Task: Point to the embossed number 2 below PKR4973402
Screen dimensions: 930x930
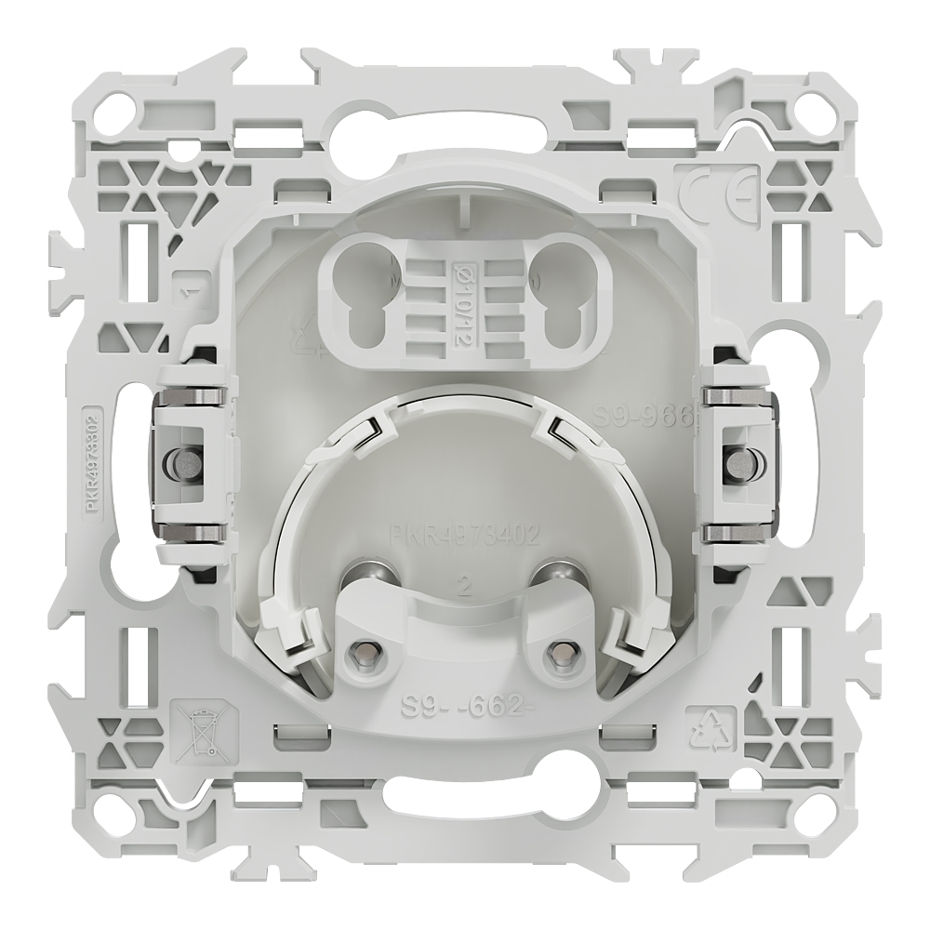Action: coord(462,587)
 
